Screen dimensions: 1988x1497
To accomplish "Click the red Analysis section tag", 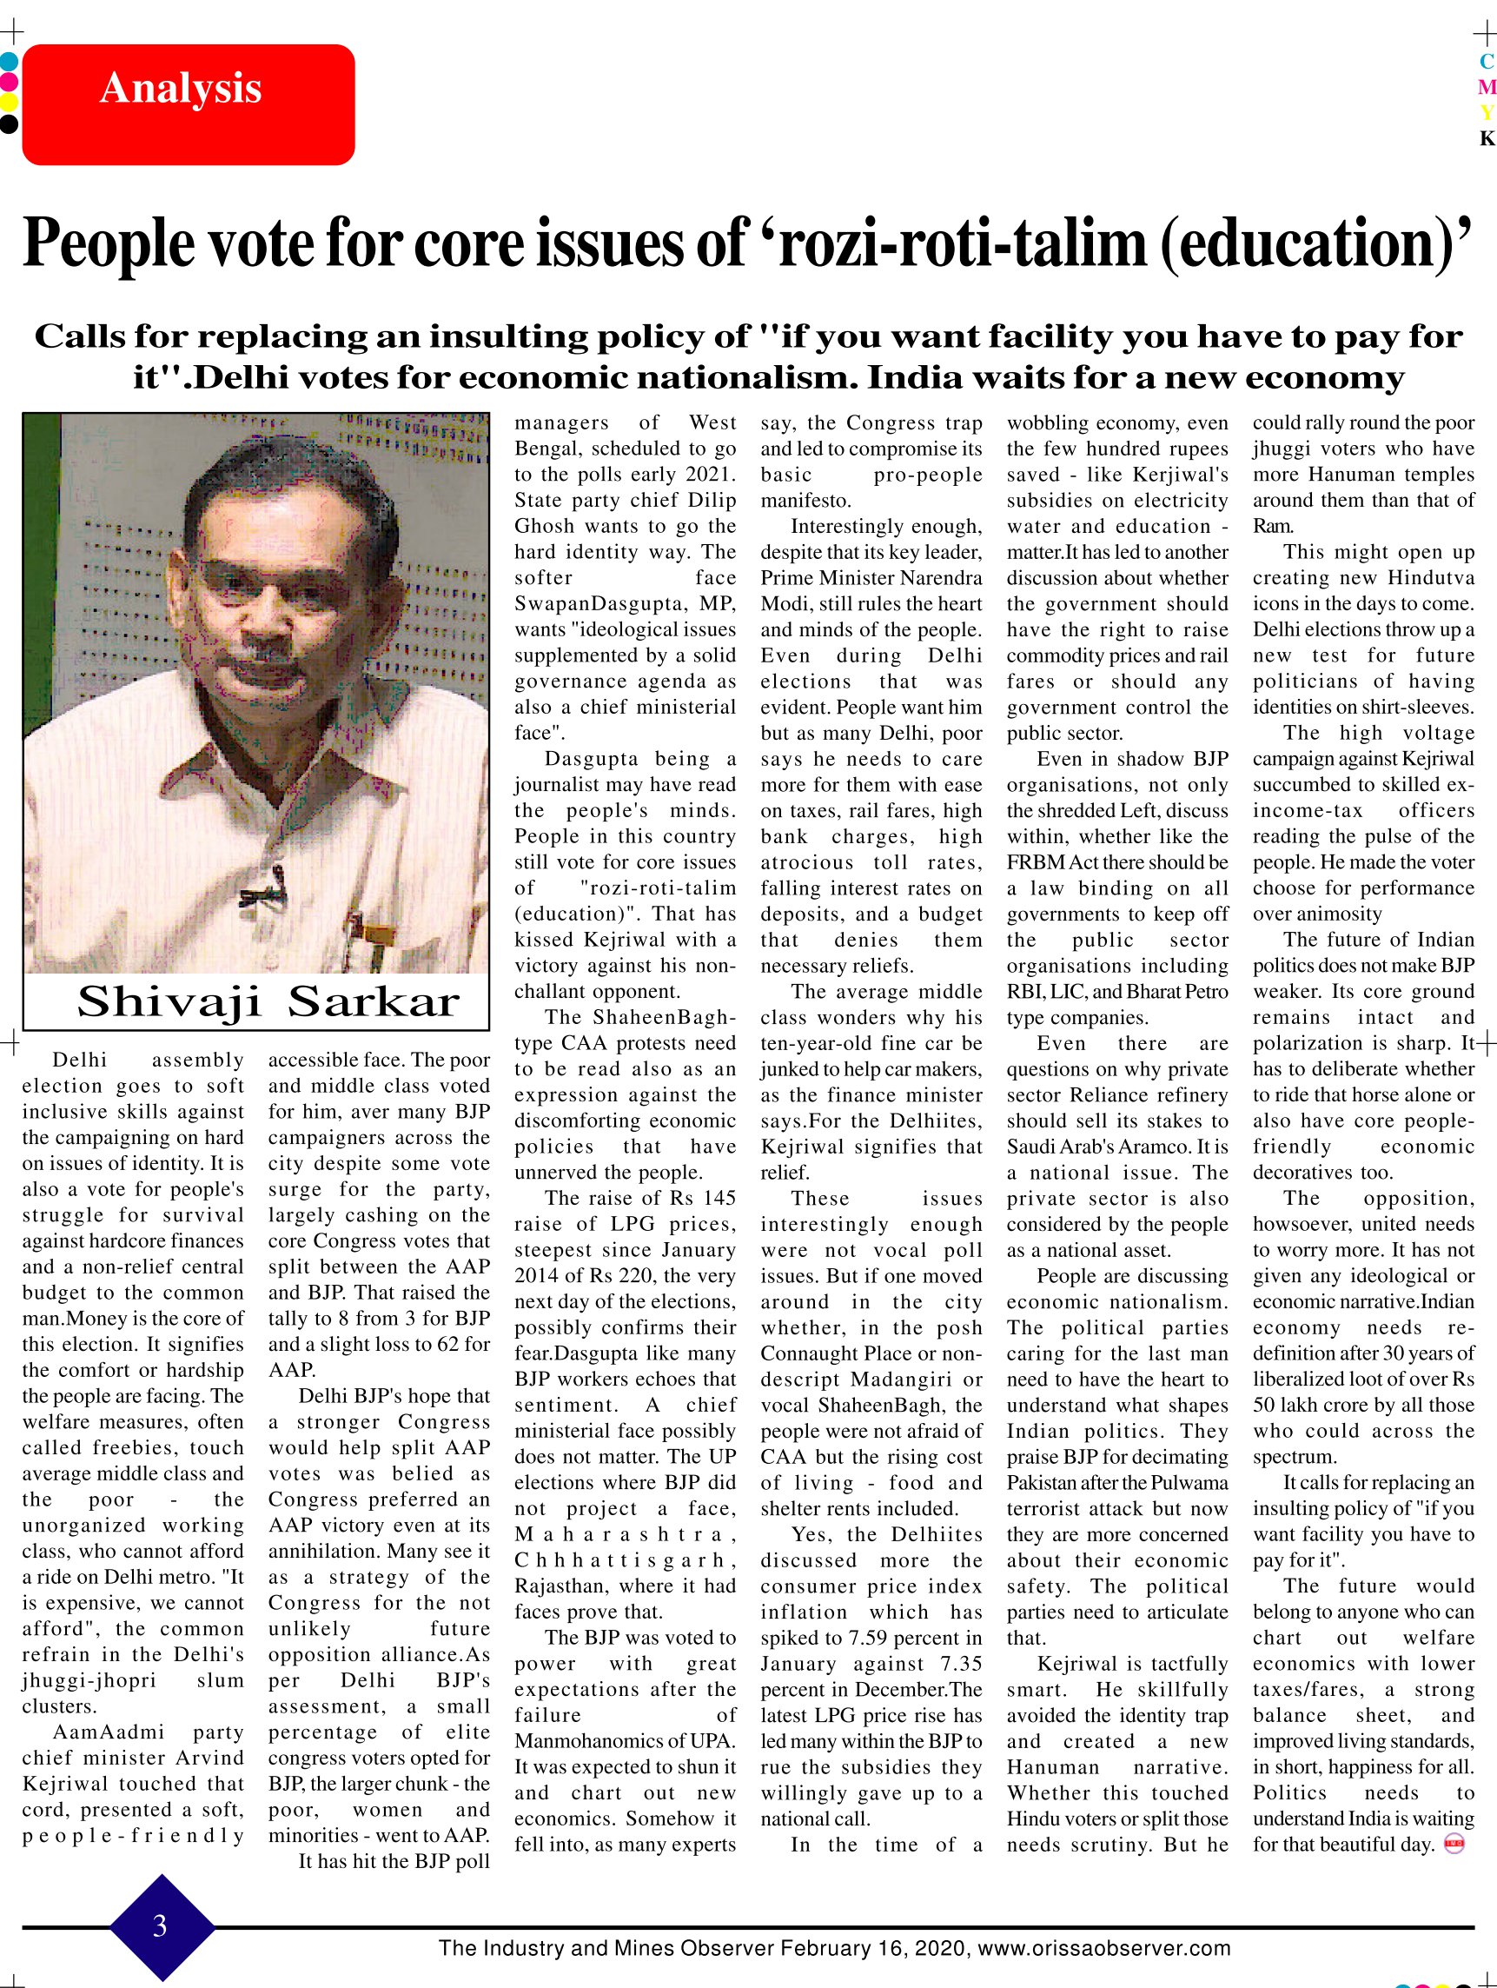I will point(188,103).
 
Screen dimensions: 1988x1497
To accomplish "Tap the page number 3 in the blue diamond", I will point(160,1925).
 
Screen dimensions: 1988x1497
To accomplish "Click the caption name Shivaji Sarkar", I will point(268,1002).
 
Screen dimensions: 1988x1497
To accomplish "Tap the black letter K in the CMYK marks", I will point(1487,138).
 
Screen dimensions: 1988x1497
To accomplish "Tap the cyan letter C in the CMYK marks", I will point(1487,62).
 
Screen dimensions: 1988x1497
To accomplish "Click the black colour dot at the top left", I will point(8,123).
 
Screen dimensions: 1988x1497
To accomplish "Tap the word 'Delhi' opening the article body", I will point(80,1060).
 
